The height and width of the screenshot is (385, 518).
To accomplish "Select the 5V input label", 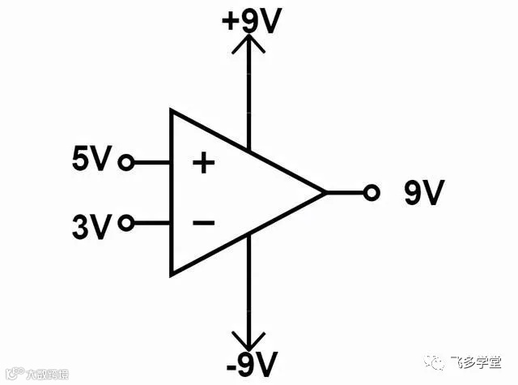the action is pos(90,160).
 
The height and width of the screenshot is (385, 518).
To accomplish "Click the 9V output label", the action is pos(423,193).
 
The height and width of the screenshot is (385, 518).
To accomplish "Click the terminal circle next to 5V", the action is pos(125,163).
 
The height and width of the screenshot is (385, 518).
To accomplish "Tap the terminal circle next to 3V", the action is pos(125,222).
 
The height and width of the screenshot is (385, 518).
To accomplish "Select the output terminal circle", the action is pos(372,192).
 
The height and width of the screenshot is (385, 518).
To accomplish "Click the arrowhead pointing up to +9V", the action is pos(248,45).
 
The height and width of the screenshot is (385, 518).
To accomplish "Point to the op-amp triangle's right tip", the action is pos(325,193).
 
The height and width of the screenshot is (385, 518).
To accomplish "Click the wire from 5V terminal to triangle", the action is pos(151,163).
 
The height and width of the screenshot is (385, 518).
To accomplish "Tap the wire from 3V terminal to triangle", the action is pos(151,222).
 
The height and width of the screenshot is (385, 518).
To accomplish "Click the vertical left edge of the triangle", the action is pos(171,192).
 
